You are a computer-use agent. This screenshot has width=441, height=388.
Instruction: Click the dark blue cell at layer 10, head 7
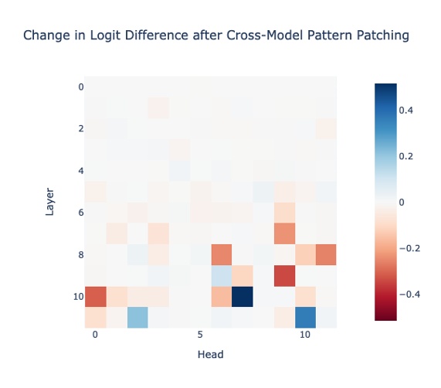pyautogui.click(x=243, y=296)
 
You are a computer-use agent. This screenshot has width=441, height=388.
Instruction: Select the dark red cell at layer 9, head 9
pyautogui.click(x=284, y=275)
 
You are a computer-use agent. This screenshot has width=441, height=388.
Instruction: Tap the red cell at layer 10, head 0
pyautogui.click(x=95, y=296)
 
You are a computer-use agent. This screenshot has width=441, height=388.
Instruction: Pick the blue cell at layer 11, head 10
pyautogui.click(x=305, y=317)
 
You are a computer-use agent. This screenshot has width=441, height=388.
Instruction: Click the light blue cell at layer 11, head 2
pyautogui.click(x=137, y=317)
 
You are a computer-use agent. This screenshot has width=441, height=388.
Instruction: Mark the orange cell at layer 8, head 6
pyautogui.click(x=222, y=254)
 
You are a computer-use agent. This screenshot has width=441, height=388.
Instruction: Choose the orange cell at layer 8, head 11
pyautogui.click(x=326, y=254)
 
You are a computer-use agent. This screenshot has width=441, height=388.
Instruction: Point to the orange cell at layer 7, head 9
pyautogui.click(x=284, y=233)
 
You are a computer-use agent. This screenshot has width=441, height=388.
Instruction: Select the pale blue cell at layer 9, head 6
pyautogui.click(x=222, y=275)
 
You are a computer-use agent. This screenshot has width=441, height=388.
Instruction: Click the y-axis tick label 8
pyautogui.click(x=80, y=254)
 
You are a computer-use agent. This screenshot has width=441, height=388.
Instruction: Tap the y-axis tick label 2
pyautogui.click(x=80, y=128)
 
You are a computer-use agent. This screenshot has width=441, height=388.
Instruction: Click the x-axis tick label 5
pyautogui.click(x=200, y=335)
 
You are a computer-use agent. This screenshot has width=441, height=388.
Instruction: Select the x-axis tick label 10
pyautogui.click(x=305, y=335)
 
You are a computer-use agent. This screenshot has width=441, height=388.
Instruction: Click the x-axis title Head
pyautogui.click(x=211, y=355)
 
